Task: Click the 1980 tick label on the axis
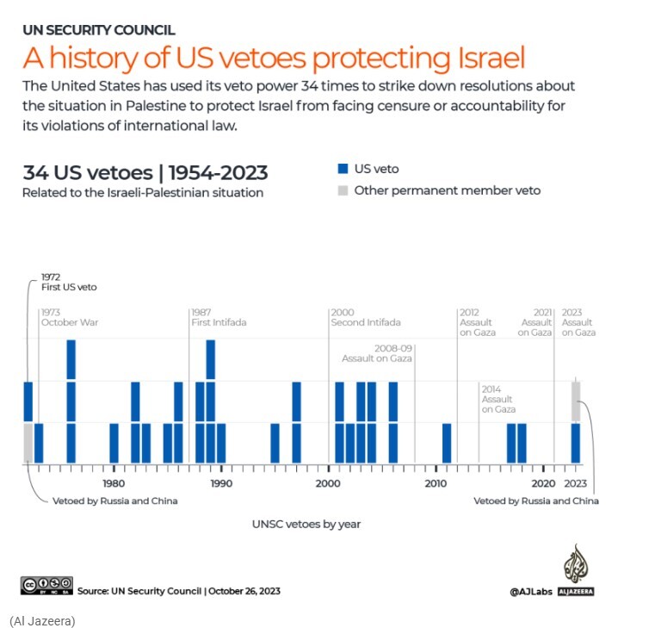[114, 483]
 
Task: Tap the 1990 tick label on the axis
[221, 483]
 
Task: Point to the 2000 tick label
[328, 483]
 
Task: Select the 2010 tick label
[436, 483]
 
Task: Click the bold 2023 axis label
[576, 483]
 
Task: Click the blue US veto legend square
[342, 169]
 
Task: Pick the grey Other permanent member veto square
[342, 190]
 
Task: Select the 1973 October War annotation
[70, 317]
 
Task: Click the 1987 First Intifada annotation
[219, 317]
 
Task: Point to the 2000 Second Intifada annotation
[365, 317]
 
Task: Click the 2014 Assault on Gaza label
[498, 399]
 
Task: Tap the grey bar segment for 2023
[576, 401]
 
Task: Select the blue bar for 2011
[447, 443]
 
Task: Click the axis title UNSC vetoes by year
[306, 524]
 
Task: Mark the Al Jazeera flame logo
[575, 564]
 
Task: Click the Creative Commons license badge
[46, 585]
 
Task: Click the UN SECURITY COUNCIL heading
[98, 30]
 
